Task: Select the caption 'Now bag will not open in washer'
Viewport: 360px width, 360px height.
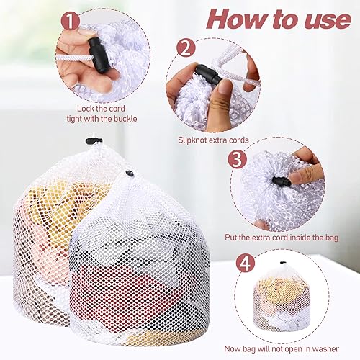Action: (x=282, y=347)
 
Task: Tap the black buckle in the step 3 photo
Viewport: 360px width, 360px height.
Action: (x=281, y=179)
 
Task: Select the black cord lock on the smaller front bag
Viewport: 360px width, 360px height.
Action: (x=130, y=173)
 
